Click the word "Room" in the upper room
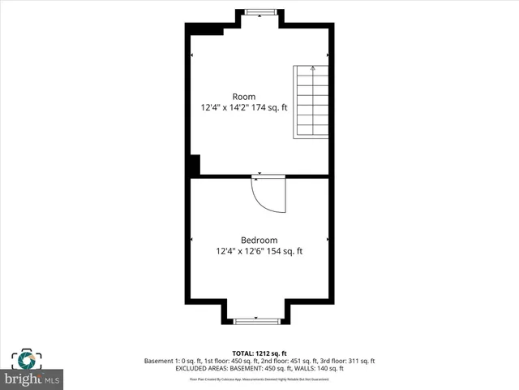[244, 97]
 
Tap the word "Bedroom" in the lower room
[259, 240]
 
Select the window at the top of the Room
[259, 12]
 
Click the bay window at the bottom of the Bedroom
[259, 321]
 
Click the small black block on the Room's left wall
[194, 164]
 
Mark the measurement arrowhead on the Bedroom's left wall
[192, 239]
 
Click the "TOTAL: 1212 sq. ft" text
[259, 353]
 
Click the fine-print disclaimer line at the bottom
[259, 379]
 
